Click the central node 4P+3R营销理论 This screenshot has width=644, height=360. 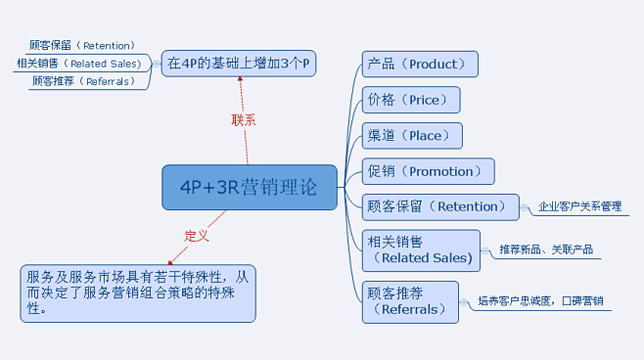click(x=249, y=187)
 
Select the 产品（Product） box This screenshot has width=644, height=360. click(x=420, y=65)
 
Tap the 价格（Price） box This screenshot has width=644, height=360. click(x=411, y=100)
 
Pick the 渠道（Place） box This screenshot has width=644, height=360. click(x=411, y=136)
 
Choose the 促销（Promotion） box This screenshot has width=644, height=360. click(x=428, y=171)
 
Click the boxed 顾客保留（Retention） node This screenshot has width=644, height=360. click(x=439, y=206)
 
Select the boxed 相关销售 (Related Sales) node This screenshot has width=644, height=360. click(x=421, y=250)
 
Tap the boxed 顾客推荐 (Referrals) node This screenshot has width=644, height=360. click(x=410, y=301)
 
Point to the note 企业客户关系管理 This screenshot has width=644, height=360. click(x=579, y=207)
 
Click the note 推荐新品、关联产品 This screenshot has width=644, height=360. click(x=545, y=249)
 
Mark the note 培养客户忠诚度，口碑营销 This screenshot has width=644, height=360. click(x=540, y=301)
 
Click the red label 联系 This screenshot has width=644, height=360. click(x=244, y=120)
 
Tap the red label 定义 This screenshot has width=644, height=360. click(x=197, y=236)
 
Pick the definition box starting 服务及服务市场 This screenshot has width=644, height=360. click(x=137, y=292)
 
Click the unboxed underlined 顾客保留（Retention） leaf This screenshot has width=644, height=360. click(x=82, y=45)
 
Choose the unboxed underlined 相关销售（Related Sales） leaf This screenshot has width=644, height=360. click(x=78, y=64)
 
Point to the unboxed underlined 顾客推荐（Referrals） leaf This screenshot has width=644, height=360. click(x=82, y=81)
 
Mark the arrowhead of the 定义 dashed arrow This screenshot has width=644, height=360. click(x=171, y=262)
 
